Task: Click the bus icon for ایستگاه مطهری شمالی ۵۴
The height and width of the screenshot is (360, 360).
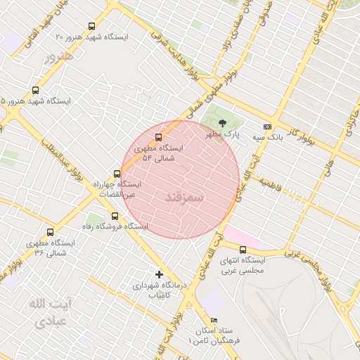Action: point(157,137)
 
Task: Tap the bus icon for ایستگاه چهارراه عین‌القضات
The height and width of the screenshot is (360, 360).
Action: point(117,173)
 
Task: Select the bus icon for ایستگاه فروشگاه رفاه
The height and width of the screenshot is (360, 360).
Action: point(115,216)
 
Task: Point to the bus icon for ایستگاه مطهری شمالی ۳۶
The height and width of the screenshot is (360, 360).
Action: point(50,232)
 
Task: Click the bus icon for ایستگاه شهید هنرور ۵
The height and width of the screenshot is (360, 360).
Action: point(36,90)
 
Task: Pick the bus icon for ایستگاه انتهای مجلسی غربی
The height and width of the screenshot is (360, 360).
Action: point(243,250)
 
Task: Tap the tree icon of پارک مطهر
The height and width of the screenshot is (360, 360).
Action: point(223,122)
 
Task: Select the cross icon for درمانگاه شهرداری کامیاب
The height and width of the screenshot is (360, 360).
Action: point(159,274)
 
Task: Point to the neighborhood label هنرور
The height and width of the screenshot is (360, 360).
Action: point(58,55)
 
